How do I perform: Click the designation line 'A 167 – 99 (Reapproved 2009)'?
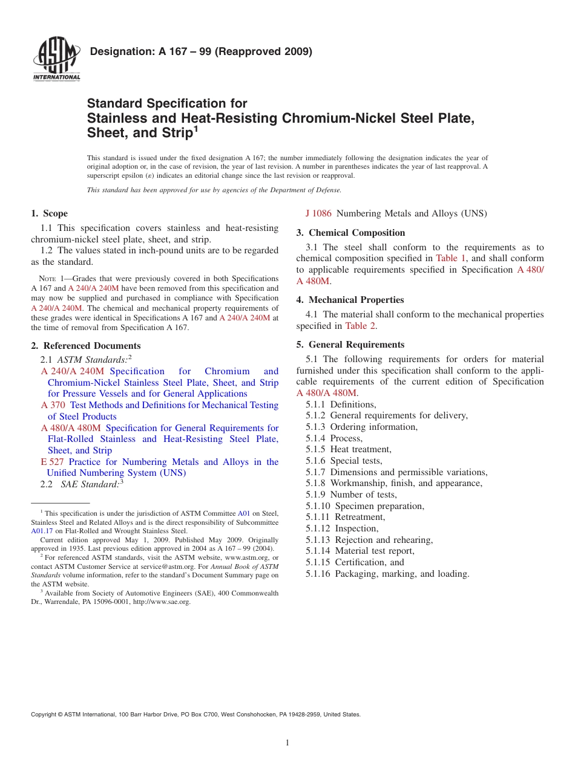[201, 51]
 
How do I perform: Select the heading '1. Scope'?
[49, 213]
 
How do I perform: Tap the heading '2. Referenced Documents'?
[85, 346]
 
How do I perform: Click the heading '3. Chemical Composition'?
[350, 233]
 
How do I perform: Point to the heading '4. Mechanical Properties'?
[350, 300]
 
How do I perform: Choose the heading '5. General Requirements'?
[350, 345]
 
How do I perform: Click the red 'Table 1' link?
[451, 258]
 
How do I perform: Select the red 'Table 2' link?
[361, 326]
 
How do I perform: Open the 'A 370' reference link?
[53, 405]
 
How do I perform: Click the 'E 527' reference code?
[52, 462]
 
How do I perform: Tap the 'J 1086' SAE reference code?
[318, 213]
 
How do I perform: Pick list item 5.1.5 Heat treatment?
[349, 449]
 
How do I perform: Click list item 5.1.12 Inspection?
[342, 528]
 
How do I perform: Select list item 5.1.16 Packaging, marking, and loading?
[387, 574]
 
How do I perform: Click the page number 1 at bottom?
[287, 743]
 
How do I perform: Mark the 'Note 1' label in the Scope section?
[48, 279]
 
